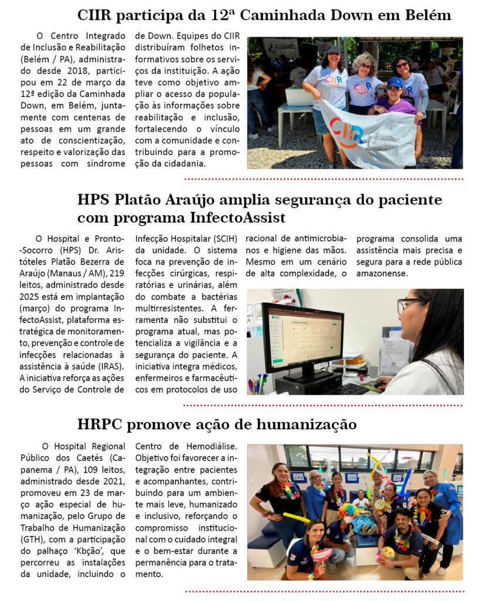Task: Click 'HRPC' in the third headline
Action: click(100, 424)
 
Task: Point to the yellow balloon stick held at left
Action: click(296, 517)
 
